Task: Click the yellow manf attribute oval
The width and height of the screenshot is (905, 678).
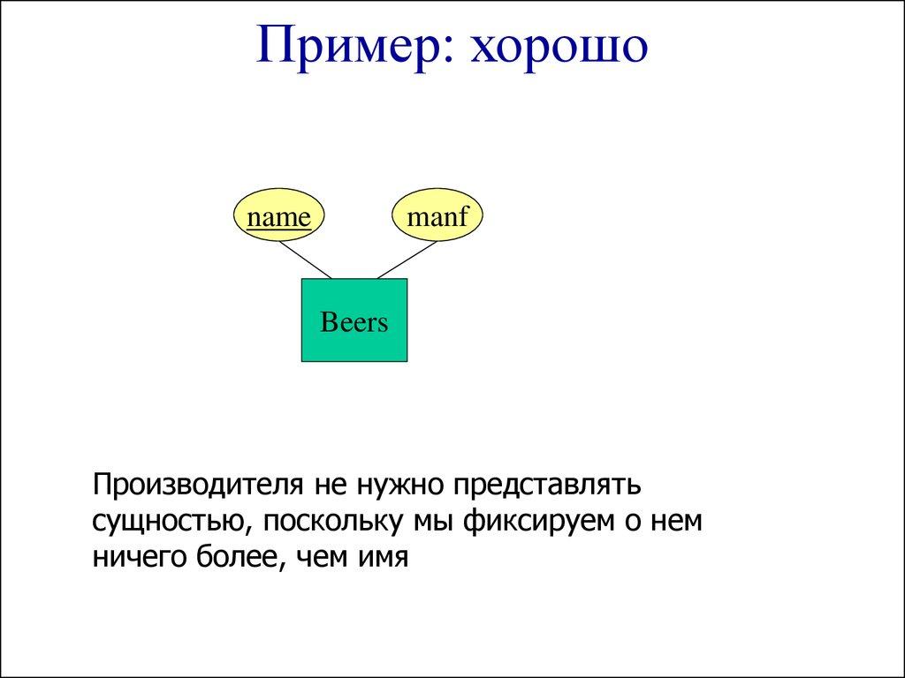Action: tap(437, 217)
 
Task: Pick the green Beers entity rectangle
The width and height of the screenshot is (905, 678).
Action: tap(354, 320)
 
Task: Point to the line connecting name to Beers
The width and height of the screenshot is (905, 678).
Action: tap(305, 260)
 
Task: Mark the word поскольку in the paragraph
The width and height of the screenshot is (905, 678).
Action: tap(331, 522)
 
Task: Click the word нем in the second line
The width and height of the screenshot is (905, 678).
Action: tap(677, 522)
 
